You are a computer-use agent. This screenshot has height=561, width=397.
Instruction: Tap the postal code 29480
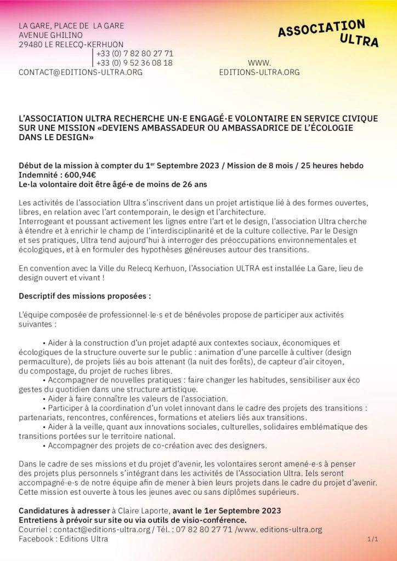31,44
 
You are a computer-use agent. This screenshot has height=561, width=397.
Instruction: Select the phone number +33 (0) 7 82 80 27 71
134,54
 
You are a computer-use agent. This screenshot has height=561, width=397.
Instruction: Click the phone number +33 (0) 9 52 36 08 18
134,63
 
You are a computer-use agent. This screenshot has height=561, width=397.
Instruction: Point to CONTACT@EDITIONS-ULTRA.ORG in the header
81,72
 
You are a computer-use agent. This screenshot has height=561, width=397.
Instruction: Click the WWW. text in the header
259,63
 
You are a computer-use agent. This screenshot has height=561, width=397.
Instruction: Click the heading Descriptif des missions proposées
84,296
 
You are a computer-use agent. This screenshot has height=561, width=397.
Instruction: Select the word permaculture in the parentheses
44,362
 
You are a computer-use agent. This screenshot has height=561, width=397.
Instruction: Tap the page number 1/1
373,540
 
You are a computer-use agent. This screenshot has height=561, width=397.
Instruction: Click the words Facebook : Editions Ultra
63,539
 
